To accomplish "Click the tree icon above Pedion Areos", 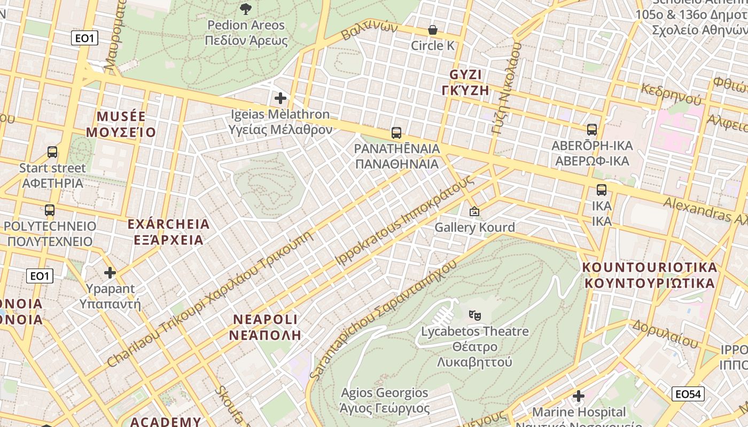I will point(246,9).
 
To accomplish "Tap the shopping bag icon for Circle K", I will point(432,30).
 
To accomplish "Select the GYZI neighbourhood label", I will point(465,82).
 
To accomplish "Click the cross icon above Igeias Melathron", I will point(280,98).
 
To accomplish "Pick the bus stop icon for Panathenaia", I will point(396,132).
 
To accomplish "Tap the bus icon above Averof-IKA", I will point(591,129).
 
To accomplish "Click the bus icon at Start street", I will point(52,152).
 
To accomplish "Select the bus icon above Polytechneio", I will point(50,210).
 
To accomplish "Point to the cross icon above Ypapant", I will point(110,273).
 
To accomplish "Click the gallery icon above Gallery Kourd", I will point(474,211).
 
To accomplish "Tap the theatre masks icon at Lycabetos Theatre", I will point(474,315).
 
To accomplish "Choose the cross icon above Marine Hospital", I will point(579,396).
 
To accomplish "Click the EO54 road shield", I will point(688,394).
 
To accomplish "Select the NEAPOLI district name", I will point(266,327).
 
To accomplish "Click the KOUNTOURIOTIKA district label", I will point(650,275).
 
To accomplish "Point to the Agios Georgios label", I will point(385,401).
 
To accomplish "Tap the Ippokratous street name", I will point(404,220).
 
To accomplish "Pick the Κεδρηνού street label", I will point(671,94).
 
